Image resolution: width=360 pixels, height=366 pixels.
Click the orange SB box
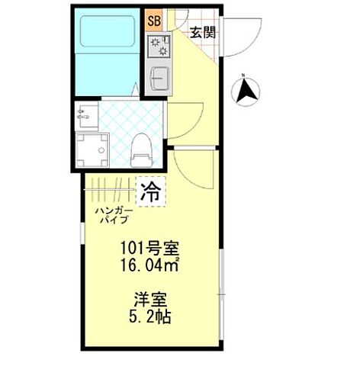coord(153,21)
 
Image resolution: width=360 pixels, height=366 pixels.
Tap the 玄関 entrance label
coord(202,32)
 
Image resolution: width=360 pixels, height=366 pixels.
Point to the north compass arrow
coord(246,92)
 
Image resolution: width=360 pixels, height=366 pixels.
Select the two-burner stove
coord(161,46)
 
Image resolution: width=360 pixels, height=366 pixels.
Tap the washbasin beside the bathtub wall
coord(85,117)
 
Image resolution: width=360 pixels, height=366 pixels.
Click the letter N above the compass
coord(243,75)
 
